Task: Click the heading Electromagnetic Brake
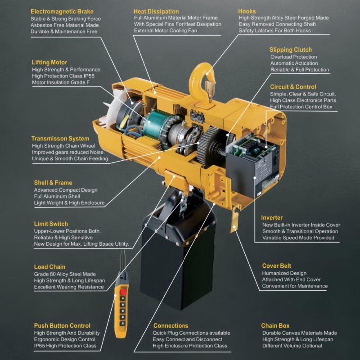coord(62,12)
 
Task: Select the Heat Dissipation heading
coord(156,12)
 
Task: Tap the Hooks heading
coord(247,11)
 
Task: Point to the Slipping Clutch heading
coord(291,50)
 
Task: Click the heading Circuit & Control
coord(293,87)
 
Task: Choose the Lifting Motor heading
coord(49,63)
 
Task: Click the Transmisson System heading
coord(60,139)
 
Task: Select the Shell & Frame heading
coord(53,183)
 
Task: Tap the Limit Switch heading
coord(51,224)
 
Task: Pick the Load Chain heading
coord(49,267)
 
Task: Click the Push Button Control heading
coord(62,325)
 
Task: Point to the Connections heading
coord(171,325)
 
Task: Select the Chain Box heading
coord(275,325)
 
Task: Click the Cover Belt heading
coord(276,266)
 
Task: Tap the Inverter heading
coord(272,218)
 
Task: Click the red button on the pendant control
coord(123,292)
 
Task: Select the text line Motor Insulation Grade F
coord(61,82)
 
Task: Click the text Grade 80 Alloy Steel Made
coord(65,274)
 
